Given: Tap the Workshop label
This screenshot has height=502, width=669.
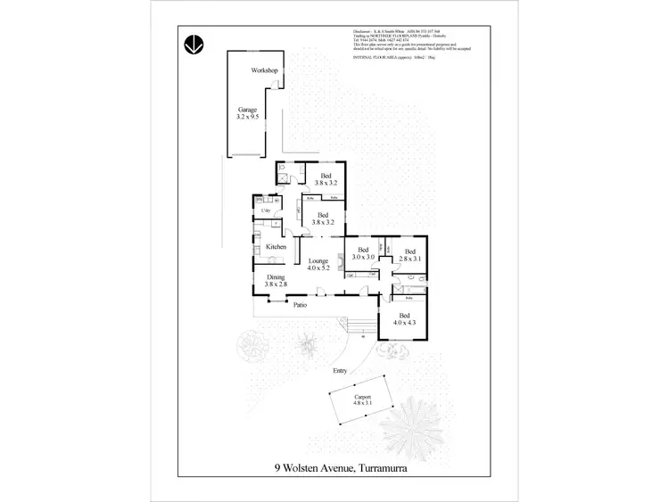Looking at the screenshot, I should click(x=265, y=70).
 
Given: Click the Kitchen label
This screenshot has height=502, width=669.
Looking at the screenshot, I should click(x=276, y=246).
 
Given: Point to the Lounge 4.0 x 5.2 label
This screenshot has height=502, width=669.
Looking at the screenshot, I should click(x=318, y=262).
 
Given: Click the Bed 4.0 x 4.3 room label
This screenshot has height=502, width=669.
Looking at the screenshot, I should click(x=404, y=321).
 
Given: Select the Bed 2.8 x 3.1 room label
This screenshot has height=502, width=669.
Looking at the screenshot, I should click(x=409, y=255).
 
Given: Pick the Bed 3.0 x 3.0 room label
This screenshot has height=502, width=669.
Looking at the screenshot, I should click(x=363, y=253).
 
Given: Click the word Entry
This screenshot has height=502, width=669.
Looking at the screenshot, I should click(x=339, y=371).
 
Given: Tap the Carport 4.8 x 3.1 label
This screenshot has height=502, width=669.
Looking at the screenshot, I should click(x=362, y=400).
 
